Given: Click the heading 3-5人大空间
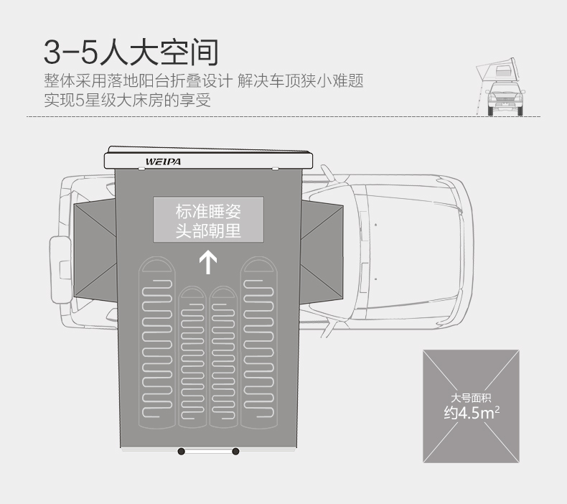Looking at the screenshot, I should click(130, 52).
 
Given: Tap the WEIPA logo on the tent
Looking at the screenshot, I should click(163, 162).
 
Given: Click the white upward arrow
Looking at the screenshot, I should click(208, 261).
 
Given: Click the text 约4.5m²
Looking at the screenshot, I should click(471, 413).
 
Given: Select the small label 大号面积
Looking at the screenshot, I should click(471, 398).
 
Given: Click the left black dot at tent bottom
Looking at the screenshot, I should click(181, 451).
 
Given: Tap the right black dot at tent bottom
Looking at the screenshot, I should click(235, 451).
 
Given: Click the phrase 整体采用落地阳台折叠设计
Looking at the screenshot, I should click(137, 80).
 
